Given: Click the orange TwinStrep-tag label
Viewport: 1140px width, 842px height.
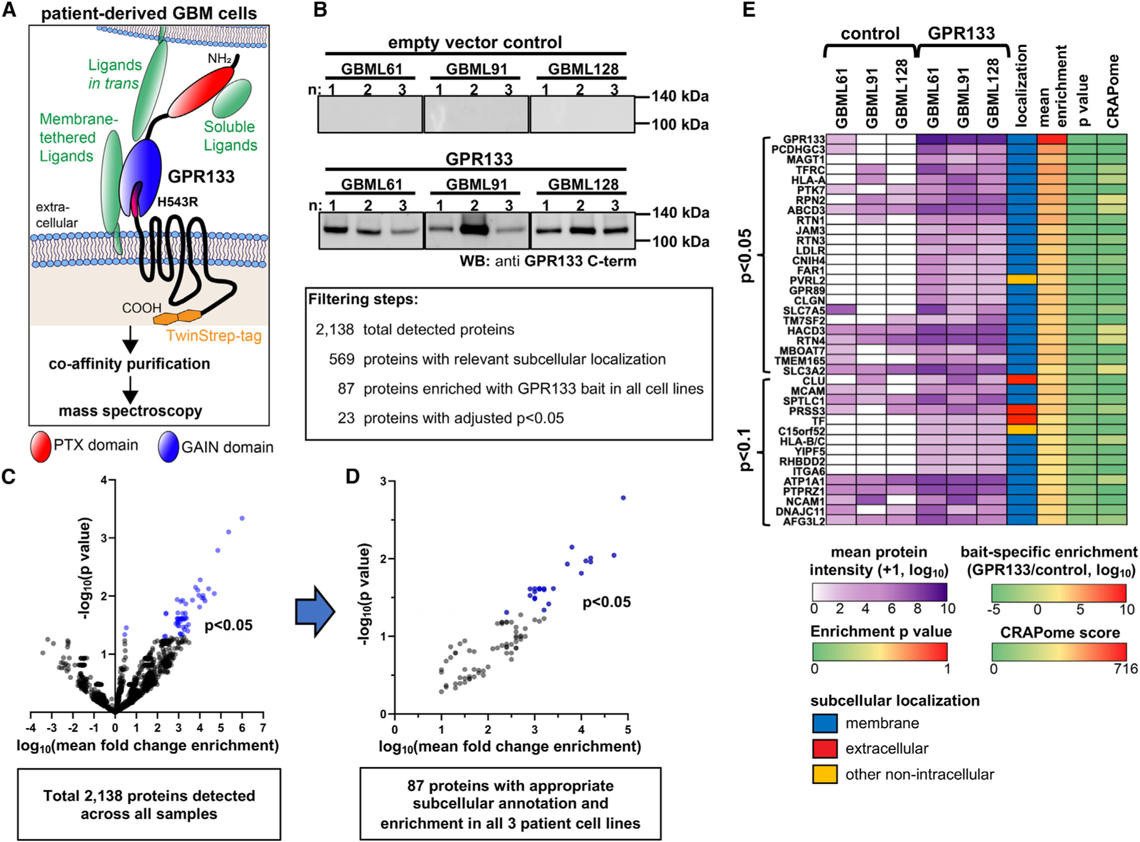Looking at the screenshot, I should pyautogui.click(x=214, y=336).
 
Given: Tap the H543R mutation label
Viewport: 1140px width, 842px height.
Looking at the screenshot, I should pyautogui.click(x=178, y=202).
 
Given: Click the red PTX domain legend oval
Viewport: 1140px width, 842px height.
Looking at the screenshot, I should pyautogui.click(x=41, y=447).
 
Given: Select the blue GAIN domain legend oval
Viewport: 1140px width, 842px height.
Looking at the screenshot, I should pyautogui.click(x=169, y=447).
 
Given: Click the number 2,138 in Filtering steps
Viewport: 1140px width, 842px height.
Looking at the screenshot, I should pyautogui.click(x=334, y=330).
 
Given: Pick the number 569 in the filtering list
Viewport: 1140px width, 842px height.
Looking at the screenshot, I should pyautogui.click(x=341, y=359).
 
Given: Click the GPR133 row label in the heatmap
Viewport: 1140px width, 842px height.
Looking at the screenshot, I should pyautogui.click(x=803, y=140).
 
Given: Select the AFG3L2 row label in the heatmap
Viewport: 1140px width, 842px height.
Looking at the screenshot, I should pyautogui.click(x=804, y=521).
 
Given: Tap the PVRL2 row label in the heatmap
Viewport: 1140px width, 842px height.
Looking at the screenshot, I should pyautogui.click(x=807, y=280).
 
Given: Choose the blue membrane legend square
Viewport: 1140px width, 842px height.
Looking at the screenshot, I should pyautogui.click(x=825, y=723).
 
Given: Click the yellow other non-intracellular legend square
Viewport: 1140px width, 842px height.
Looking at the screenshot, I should pyautogui.click(x=825, y=774).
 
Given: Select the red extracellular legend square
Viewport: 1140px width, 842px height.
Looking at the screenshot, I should pyautogui.click(x=825, y=749).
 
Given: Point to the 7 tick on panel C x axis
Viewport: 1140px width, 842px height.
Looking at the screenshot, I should pyautogui.click(x=263, y=728).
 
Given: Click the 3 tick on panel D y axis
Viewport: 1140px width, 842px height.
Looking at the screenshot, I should pyautogui.click(x=384, y=482).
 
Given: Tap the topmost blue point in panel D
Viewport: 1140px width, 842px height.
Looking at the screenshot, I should pyautogui.click(x=623, y=498).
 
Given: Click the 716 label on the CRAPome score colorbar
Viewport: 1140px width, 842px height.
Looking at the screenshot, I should pyautogui.click(x=1126, y=669).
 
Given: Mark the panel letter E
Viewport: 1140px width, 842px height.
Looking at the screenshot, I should pyautogui.click(x=749, y=10).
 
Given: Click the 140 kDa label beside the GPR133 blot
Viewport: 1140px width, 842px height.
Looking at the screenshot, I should pyautogui.click(x=680, y=213).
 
